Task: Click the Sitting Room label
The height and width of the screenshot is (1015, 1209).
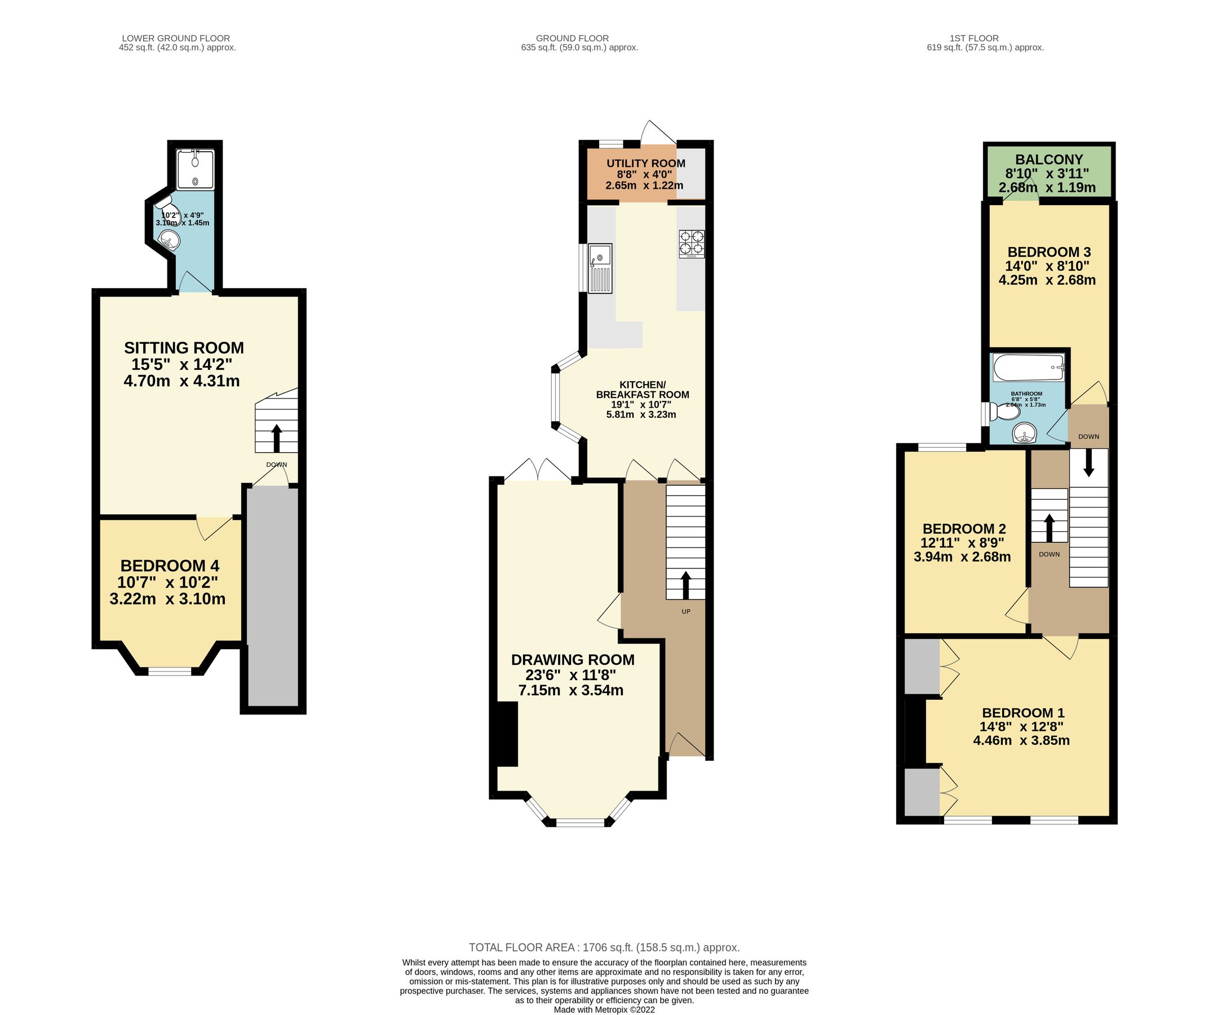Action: pos(184,348)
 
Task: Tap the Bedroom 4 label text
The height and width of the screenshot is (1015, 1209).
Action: pos(169,566)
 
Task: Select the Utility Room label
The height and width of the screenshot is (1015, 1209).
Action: pos(645,164)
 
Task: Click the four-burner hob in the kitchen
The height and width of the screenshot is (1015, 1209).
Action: pos(692,242)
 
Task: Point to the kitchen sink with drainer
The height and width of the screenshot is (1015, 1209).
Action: pos(600,268)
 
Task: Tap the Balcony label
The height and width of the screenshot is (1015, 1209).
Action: pos(1048,160)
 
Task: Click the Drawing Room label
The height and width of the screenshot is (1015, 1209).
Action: pos(572,660)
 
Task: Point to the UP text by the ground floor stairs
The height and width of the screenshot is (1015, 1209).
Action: pos(686,612)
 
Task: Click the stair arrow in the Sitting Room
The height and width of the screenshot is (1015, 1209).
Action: pos(276,438)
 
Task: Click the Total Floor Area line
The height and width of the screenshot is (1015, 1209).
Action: pos(604,947)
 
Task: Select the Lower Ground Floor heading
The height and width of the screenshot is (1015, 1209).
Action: pos(176,38)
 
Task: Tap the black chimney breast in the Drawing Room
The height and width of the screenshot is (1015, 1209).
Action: pos(507,734)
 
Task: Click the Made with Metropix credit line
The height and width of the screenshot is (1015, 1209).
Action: pos(604,1009)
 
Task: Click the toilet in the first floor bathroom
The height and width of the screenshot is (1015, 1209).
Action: pos(1003,411)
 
